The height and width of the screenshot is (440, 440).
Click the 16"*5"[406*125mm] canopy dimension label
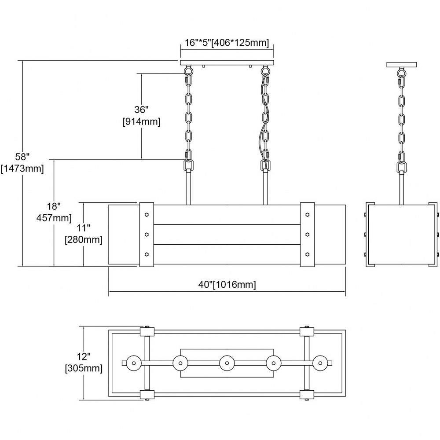pyautogui.click(x=227, y=43)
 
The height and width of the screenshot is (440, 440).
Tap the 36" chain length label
pyautogui.click(x=141, y=110)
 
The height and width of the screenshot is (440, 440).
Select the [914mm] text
pyautogui.click(x=141, y=122)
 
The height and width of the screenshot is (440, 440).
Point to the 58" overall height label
pyautogui.click(x=22, y=157)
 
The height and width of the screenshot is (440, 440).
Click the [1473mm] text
pyautogui.click(x=22, y=169)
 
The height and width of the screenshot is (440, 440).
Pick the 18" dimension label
pyautogui.click(x=54, y=206)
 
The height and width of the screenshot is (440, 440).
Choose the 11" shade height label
pyautogui.click(x=83, y=228)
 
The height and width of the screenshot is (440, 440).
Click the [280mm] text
pyautogui.click(x=83, y=240)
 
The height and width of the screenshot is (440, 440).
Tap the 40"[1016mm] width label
pyautogui.click(x=227, y=284)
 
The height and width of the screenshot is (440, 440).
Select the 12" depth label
pyautogui.click(x=84, y=356)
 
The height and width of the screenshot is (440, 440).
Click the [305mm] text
pyautogui.click(x=84, y=368)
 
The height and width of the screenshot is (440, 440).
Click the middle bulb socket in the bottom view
pyautogui.click(x=227, y=363)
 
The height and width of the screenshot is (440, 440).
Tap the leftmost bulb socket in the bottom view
pyautogui.click(x=134, y=363)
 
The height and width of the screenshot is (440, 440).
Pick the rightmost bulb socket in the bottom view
pyautogui.click(x=320, y=363)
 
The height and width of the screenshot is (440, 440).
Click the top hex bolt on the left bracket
pyautogui.click(x=147, y=215)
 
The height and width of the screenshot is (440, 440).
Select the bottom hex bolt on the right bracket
pyautogui.click(x=307, y=254)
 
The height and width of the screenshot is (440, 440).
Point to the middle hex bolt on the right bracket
pyautogui.click(x=307, y=235)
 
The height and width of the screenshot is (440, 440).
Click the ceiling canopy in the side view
pyautogui.click(x=402, y=65)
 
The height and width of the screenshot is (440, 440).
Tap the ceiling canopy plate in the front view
pyautogui.click(x=227, y=62)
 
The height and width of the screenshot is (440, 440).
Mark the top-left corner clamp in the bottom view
pyautogui.click(x=147, y=332)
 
